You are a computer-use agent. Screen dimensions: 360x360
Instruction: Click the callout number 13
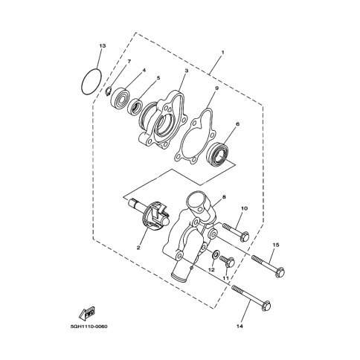[103, 46]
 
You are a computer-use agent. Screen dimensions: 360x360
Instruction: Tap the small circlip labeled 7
[109, 91]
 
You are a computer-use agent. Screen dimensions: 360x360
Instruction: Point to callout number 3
[187, 71]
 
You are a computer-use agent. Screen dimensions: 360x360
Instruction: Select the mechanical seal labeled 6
[218, 154]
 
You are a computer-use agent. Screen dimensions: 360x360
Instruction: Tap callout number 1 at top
[222, 53]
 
